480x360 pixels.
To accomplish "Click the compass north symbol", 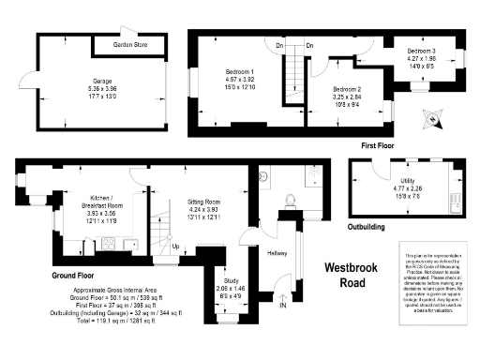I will pos(431,118).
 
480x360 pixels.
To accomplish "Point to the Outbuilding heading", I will pos(370,226).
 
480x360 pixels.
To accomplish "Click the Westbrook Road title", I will pos(352,275).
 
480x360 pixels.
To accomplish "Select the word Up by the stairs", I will pos(175,247).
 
